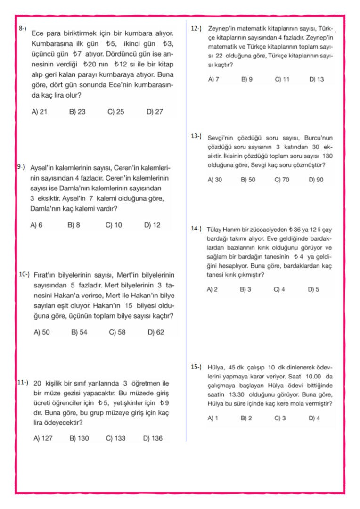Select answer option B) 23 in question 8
pyautogui.click(x=77, y=112)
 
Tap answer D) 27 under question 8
pyautogui.click(x=155, y=112)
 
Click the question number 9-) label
pyautogui.click(x=20, y=167)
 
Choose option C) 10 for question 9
pyautogui.click(x=114, y=225)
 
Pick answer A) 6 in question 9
pyautogui.click(x=36, y=225)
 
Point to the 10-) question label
pyautogui.click(x=24, y=274)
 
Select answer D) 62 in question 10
pyautogui.click(x=155, y=332)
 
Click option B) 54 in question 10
pyautogui.click(x=79, y=332)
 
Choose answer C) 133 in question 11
pyautogui.click(x=115, y=438)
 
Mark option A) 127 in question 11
pyautogui.click(x=43, y=438)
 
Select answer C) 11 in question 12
pyautogui.click(x=282, y=79)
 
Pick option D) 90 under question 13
pyautogui.click(x=316, y=180)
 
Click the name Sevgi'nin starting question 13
pyautogui.click(x=222, y=138)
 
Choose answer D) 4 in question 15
pyautogui.click(x=314, y=418)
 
